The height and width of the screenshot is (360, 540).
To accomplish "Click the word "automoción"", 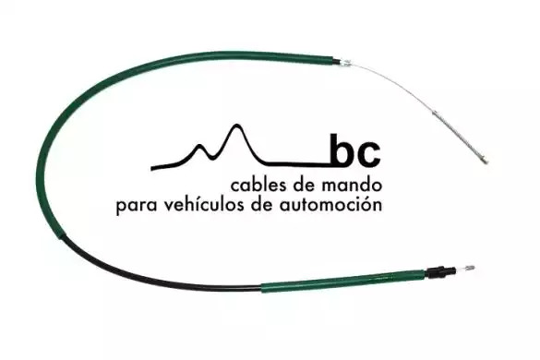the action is [x=330, y=204].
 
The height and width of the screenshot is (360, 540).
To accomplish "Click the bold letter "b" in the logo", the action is [x=342, y=150].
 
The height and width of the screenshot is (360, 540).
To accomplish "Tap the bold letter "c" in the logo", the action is [x=368, y=155].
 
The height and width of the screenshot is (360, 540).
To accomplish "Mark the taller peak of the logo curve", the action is [x=236, y=126].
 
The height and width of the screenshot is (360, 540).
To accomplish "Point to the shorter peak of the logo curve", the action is [x=199, y=146].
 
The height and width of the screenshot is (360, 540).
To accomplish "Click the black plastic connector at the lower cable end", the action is [x=438, y=271].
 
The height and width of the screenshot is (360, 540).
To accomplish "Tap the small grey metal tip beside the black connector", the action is [x=469, y=268].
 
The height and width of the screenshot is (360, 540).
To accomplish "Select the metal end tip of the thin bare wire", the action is [x=485, y=161].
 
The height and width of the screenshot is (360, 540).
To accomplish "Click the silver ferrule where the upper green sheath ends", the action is [x=344, y=63].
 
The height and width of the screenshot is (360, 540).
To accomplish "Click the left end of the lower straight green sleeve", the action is [x=262, y=288].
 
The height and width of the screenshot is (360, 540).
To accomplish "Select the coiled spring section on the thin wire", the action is [x=457, y=135].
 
